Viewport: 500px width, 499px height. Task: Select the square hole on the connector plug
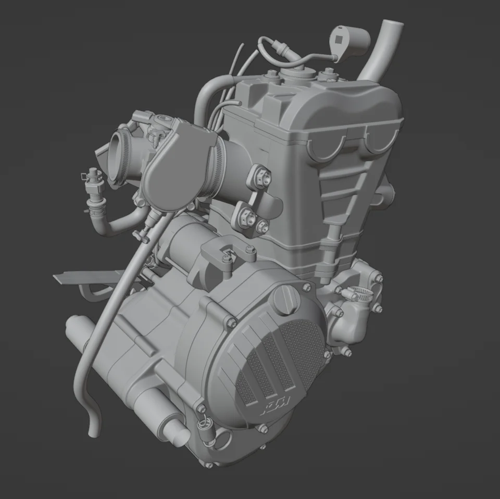point(339,38)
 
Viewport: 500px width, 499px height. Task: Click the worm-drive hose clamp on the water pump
point(359,295)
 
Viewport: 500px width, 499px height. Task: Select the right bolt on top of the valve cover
point(328,76)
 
